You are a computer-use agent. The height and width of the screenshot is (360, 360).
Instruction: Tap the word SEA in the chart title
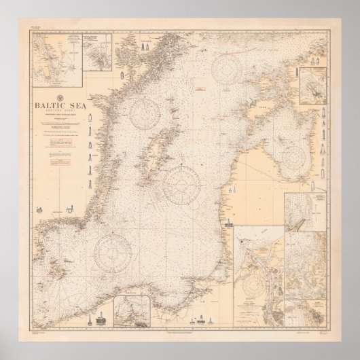coord(71,105)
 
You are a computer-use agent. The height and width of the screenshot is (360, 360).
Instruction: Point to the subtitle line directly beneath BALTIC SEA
coord(58,111)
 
